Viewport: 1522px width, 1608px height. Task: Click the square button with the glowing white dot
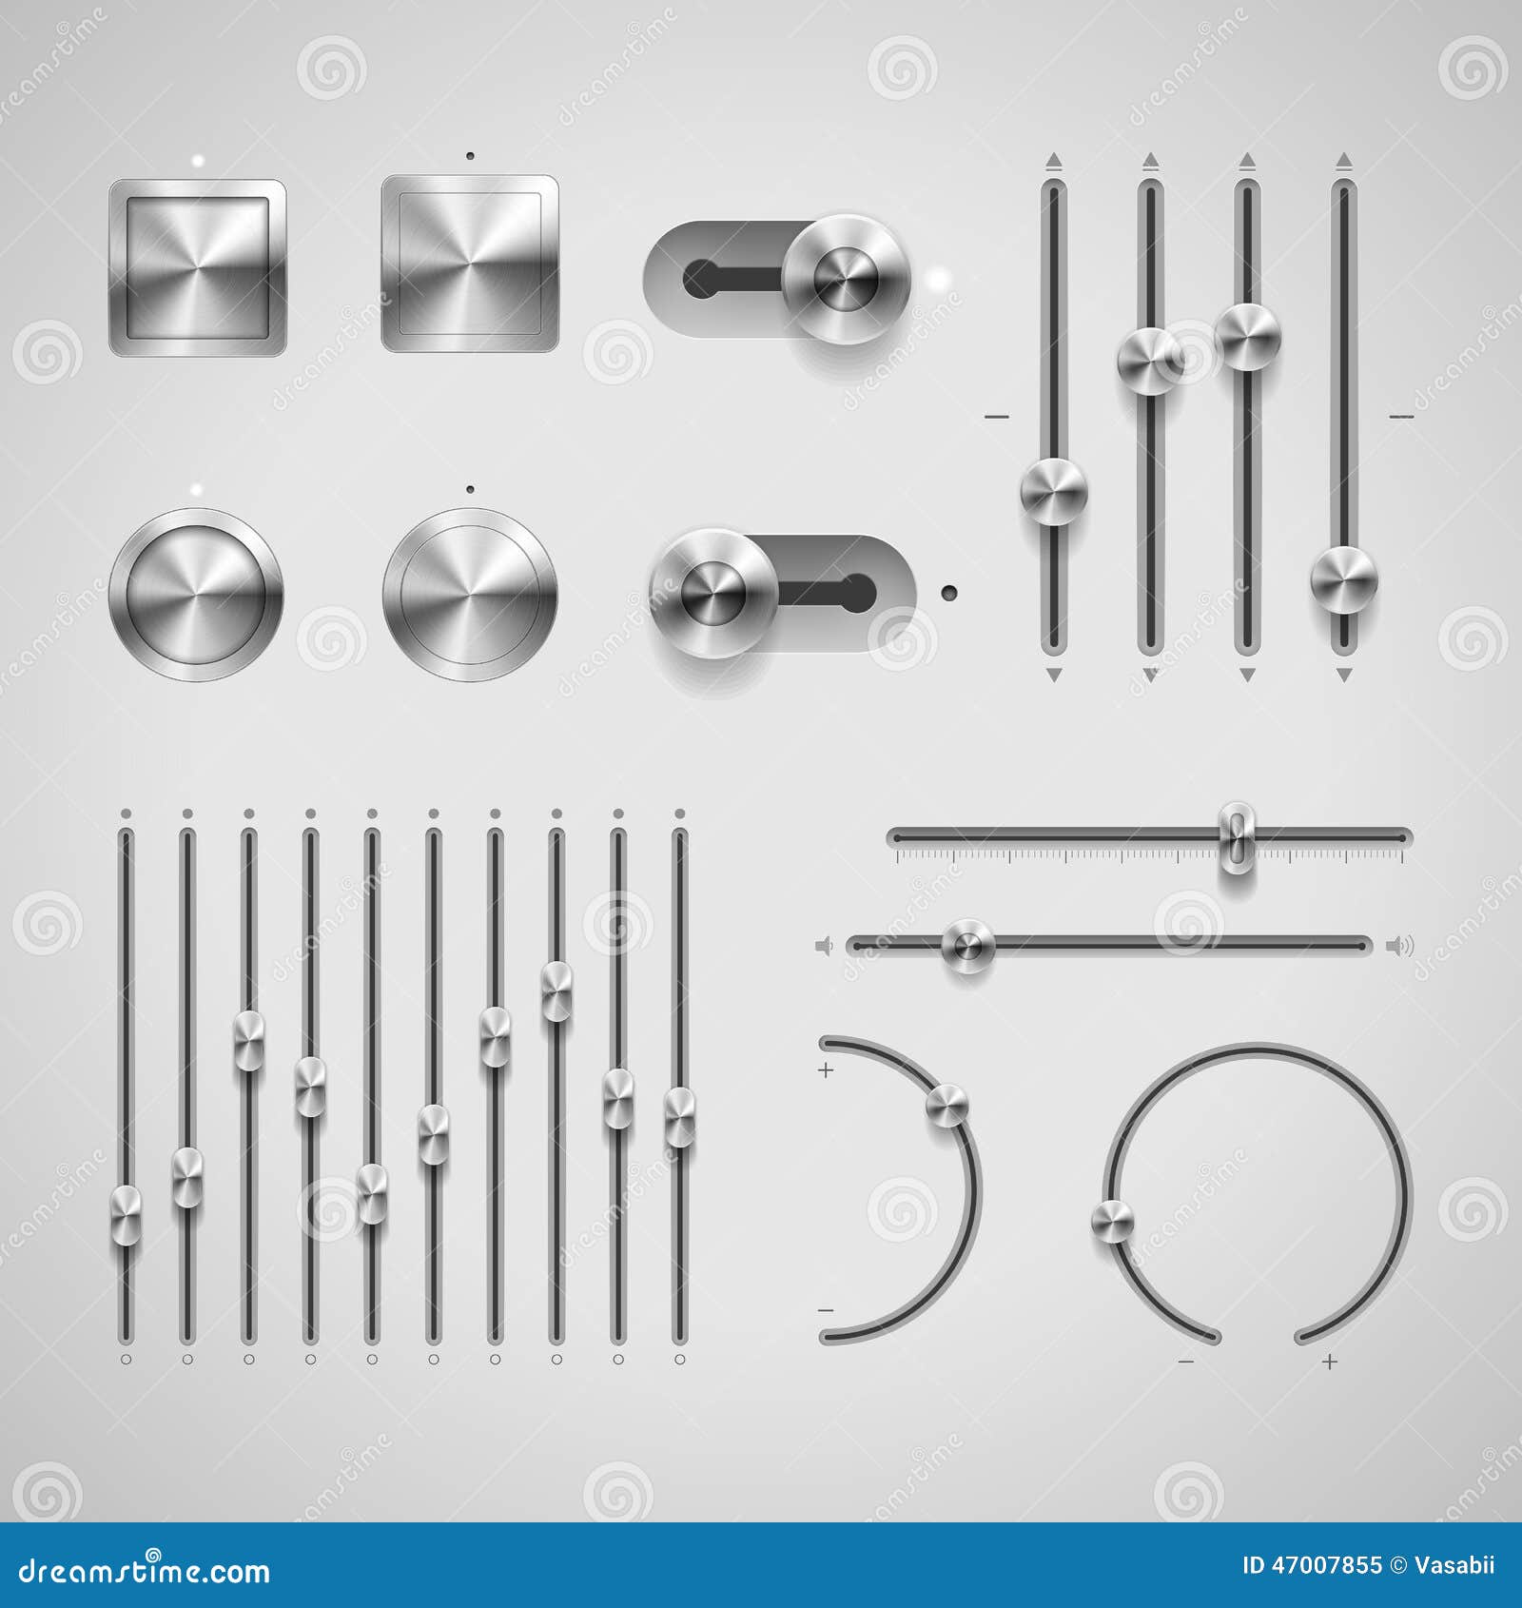pyautogui.click(x=197, y=267)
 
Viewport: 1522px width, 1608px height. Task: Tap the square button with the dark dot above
pyautogui.click(x=470, y=263)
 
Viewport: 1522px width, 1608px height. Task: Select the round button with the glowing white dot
pyautogui.click(x=196, y=594)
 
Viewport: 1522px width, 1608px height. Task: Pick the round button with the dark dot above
pyautogui.click(x=470, y=594)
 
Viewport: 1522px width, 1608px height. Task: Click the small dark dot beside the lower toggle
pyautogui.click(x=948, y=593)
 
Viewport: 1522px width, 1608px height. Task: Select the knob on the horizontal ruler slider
pyautogui.click(x=1237, y=837)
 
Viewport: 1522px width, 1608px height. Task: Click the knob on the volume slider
pyautogui.click(x=967, y=946)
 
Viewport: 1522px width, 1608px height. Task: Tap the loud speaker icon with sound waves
pyautogui.click(x=1399, y=946)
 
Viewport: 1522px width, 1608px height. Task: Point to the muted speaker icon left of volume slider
pyautogui.click(x=825, y=946)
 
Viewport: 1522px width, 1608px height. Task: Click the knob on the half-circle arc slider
pyautogui.click(x=946, y=1105)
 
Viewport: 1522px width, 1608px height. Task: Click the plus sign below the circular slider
pyautogui.click(x=1330, y=1363)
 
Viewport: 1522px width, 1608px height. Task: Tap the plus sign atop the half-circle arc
pyautogui.click(x=826, y=1070)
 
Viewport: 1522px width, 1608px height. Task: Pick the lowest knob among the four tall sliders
pyautogui.click(x=1343, y=580)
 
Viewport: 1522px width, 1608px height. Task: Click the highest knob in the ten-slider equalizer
pyautogui.click(x=556, y=992)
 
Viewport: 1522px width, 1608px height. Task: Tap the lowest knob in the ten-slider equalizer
pyautogui.click(x=126, y=1215)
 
